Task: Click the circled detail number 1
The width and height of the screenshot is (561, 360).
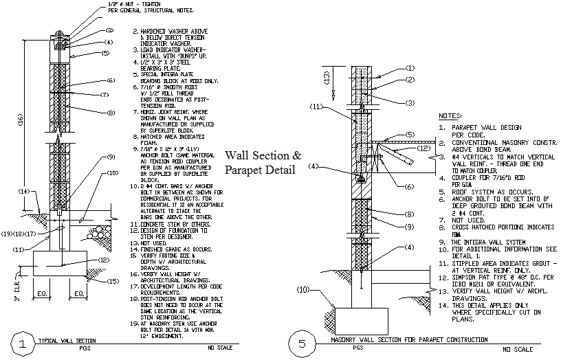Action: (24, 344)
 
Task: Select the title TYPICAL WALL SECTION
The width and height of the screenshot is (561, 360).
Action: (67, 340)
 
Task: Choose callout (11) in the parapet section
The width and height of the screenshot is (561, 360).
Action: (316, 107)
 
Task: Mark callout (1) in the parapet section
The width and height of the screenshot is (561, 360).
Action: (410, 68)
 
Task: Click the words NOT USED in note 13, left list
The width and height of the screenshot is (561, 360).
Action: (155, 243)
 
